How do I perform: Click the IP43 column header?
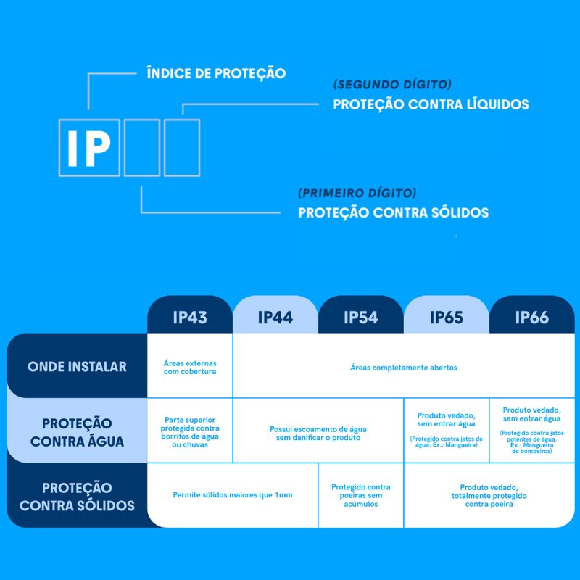click(x=190, y=317)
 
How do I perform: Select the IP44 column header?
click(x=275, y=317)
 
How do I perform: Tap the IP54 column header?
click(x=361, y=317)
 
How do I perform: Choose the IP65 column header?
click(x=447, y=317)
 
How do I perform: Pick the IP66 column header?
click(x=532, y=317)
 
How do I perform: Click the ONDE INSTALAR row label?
click(x=77, y=366)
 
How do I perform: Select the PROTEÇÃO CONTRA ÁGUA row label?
click(x=77, y=431)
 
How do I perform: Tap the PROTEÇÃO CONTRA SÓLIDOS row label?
click(x=77, y=497)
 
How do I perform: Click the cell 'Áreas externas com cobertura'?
click(x=190, y=367)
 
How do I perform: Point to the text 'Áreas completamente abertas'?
click(x=404, y=368)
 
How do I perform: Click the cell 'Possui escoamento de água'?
click(x=318, y=434)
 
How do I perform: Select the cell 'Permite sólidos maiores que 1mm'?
click(x=233, y=495)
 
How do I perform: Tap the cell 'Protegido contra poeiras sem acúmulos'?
click(x=360, y=495)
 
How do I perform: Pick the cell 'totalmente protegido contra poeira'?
click(x=489, y=495)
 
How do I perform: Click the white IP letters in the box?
click(x=89, y=147)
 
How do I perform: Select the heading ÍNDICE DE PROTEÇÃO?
click(x=216, y=73)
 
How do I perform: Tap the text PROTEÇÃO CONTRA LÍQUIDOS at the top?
click(x=431, y=104)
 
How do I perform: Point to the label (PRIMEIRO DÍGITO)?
click(x=357, y=194)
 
